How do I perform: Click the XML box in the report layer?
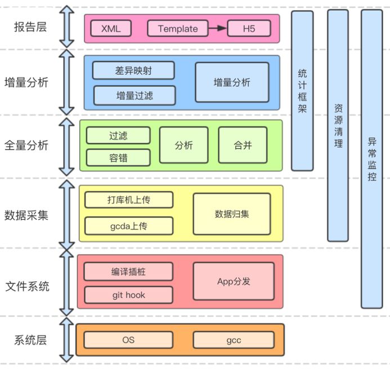pos(111,29)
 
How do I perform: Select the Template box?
pos(178,29)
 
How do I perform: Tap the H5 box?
pos(249,29)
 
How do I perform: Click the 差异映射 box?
pos(133,70)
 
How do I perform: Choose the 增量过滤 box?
pos(135,95)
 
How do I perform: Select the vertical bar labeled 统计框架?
pos(302,90)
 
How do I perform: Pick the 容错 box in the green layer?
pos(118,157)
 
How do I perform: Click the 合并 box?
pos(243,145)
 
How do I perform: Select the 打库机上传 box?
pos(129,200)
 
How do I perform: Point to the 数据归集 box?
pos(231,214)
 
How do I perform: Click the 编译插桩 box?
pos(128,271)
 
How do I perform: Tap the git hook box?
pos(128,295)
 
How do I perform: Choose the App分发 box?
pos(234,281)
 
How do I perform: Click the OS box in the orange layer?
pos(128,340)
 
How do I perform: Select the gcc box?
pos(234,340)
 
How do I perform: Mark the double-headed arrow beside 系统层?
pos(67,339)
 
